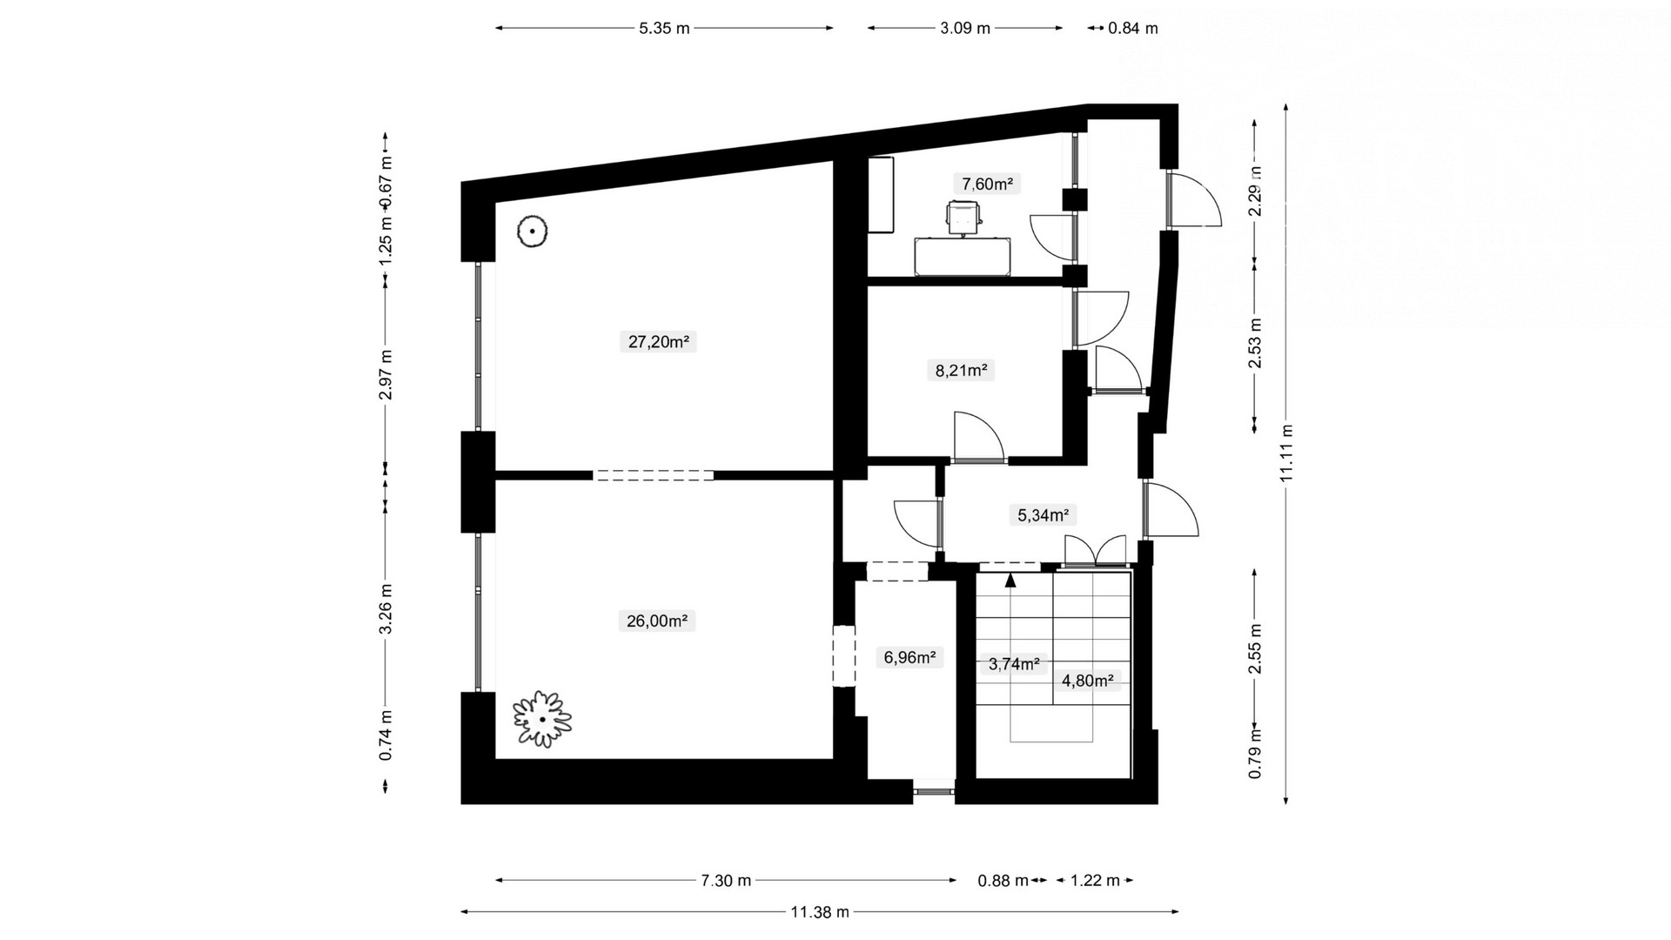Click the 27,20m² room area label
pos(659,342)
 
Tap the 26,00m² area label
pos(657,621)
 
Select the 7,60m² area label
pos(987,184)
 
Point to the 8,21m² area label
pos(961,371)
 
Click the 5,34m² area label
pos(1044,515)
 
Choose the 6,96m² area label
pos(909,658)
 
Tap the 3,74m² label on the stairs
pos(1014,665)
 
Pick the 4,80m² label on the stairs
pos(1088,681)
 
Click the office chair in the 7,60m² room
pos(964,217)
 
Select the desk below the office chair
pos(963,256)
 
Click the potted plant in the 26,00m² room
pos(542,719)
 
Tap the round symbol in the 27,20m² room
pos(530,232)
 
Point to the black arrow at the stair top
pos(1010,580)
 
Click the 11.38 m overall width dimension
pos(820,912)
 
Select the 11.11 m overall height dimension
pos(1287,453)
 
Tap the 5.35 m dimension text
pos(664,28)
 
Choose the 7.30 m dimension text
pos(726,881)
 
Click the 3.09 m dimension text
pos(965,28)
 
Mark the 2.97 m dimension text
pos(386,374)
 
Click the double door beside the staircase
pos(1096,551)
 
